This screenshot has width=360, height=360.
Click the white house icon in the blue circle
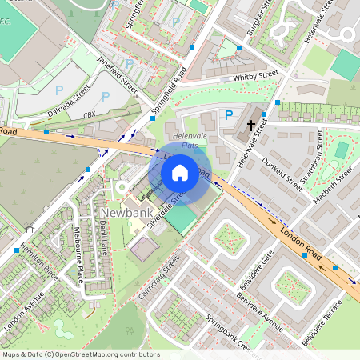coord(180,171)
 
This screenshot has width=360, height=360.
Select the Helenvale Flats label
coord(190,141)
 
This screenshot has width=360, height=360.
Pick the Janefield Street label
coord(117,74)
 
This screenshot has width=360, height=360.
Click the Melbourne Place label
coord(76,257)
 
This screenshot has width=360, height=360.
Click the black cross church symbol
coord(252,125)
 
